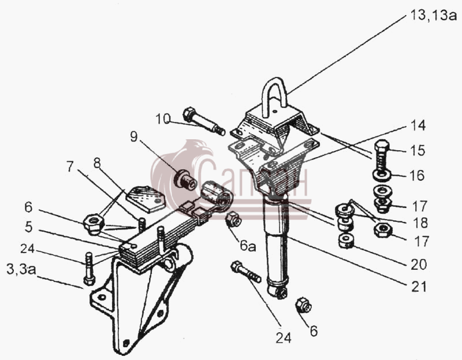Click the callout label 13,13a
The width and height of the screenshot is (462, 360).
tap(433, 15)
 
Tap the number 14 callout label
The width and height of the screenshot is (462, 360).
tap(418, 125)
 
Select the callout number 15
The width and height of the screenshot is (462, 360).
tap(418, 150)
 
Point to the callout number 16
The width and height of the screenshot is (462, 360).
tap(417, 176)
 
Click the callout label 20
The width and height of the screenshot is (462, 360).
tap(419, 265)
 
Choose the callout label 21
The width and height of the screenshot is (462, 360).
tap(419, 286)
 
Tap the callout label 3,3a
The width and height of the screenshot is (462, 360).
tap(21, 269)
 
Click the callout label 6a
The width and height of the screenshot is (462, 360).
tap(248, 246)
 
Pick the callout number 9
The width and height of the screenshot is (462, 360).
tap(134, 136)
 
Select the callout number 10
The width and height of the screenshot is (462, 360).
tap(163, 119)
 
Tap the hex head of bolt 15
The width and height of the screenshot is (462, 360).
tap(382, 146)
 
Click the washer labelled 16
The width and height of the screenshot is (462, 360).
tap(382, 175)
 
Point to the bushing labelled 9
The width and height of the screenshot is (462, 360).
tap(185, 180)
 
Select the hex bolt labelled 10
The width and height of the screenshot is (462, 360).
tap(204, 121)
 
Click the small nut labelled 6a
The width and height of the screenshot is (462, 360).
tap(233, 219)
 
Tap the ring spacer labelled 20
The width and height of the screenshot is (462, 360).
tap(345, 241)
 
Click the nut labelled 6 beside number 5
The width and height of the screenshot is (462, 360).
tap(94, 224)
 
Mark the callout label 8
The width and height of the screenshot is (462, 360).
tap(97, 163)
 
